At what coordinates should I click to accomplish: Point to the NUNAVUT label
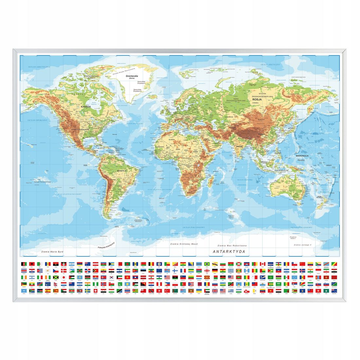pyautogui.click(x=78, y=94)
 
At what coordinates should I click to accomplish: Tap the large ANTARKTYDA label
pyautogui.click(x=229, y=251)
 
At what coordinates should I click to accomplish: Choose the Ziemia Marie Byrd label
pyautogui.click(x=52, y=252)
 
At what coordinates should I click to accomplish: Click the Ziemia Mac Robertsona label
pyautogui.click(x=232, y=245)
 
